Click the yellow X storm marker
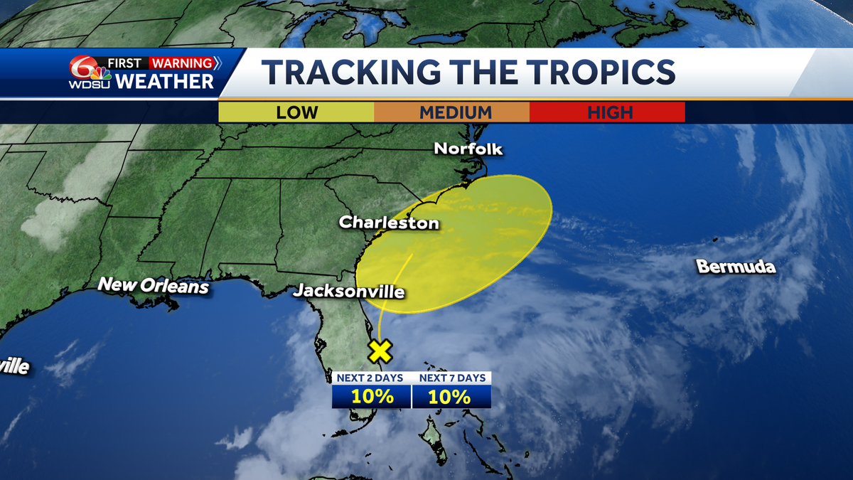pyautogui.click(x=381, y=351)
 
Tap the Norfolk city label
pyautogui.click(x=468, y=149)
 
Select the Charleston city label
pyautogui.click(x=389, y=223)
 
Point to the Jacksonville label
pyautogui.click(x=349, y=292)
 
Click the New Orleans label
pyautogui.click(x=154, y=285)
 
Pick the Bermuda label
pyautogui.click(x=736, y=267)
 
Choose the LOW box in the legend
pyautogui.click(x=296, y=112)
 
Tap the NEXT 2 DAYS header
pyautogui.click(x=372, y=378)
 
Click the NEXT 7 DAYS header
pyautogui.click(x=451, y=378)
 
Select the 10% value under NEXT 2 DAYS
pyautogui.click(x=372, y=397)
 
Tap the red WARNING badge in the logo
pyautogui.click(x=181, y=63)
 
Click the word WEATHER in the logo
pyautogui.click(x=164, y=81)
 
